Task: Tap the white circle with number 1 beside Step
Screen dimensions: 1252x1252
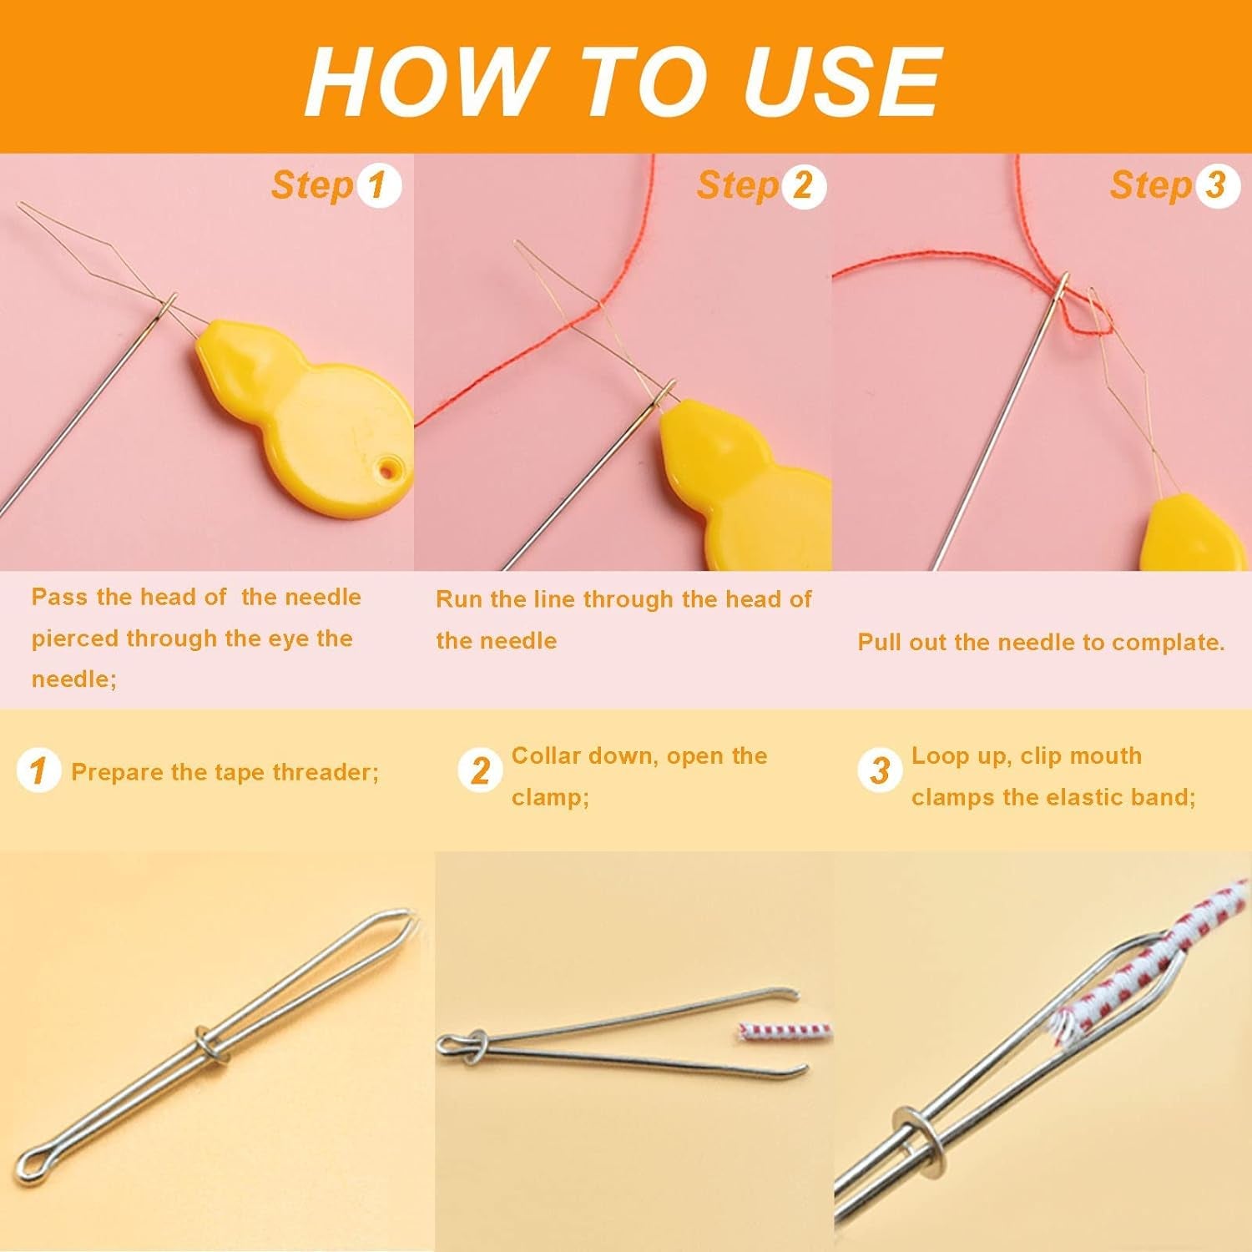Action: (379, 185)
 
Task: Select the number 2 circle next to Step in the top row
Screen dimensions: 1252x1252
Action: (803, 185)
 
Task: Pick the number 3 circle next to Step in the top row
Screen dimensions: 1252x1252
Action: (1216, 185)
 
